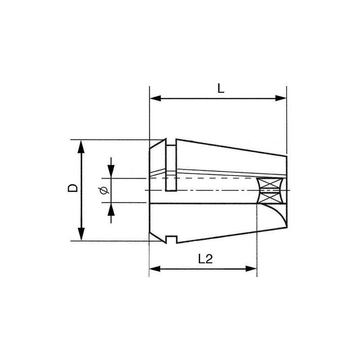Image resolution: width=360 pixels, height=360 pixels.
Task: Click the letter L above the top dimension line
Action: pos(220,89)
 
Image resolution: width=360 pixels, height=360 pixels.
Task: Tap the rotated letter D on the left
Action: pos(72,189)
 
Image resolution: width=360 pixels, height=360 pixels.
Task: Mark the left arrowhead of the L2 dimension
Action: pos(154,269)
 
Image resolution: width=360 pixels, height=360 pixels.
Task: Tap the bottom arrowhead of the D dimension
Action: pos(81,234)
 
